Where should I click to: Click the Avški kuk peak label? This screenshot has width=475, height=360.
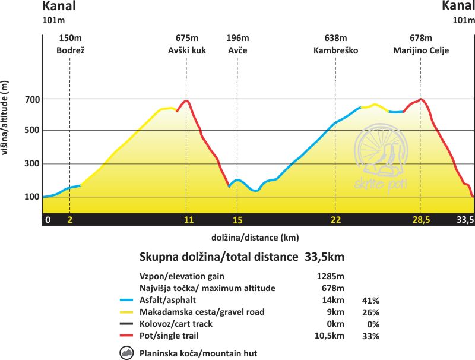(x=186, y=51)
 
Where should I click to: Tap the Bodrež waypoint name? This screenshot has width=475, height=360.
(x=71, y=51)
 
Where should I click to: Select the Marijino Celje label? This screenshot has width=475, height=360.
(x=421, y=51)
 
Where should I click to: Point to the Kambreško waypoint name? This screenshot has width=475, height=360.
(x=336, y=51)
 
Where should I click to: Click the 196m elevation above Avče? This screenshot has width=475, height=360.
(x=237, y=39)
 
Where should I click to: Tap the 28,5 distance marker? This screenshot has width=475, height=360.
(x=421, y=220)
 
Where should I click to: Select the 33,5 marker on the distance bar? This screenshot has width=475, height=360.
(x=464, y=220)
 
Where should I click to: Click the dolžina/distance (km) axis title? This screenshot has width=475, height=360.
(x=255, y=238)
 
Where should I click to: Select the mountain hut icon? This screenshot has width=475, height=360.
(x=126, y=353)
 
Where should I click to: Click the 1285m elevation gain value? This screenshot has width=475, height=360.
(x=331, y=276)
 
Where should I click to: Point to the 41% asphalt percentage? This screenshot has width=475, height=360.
(x=370, y=300)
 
